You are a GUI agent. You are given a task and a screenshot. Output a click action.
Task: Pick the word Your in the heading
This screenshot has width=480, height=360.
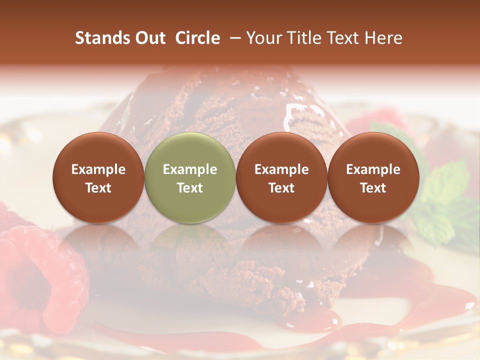263,38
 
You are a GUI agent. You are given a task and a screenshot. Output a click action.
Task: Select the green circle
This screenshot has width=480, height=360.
190,178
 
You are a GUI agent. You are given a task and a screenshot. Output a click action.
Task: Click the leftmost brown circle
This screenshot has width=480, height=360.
98,178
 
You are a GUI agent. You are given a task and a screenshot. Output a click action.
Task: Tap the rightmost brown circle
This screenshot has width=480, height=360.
373,178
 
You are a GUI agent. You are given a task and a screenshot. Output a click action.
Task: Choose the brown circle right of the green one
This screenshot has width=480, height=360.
281,178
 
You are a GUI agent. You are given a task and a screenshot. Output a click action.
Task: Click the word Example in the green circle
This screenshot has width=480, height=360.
190,169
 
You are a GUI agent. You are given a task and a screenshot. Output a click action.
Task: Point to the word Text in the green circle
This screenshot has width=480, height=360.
190,188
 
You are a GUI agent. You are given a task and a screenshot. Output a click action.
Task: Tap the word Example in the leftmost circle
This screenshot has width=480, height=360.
98,169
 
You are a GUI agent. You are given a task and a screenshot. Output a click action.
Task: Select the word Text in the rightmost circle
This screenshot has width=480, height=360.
373,188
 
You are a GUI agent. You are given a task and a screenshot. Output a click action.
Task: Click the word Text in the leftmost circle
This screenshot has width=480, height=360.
98,188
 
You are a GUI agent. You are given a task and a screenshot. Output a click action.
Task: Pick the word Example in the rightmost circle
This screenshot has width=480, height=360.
373,169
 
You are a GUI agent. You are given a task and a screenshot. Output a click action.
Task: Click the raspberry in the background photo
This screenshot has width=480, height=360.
35,275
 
